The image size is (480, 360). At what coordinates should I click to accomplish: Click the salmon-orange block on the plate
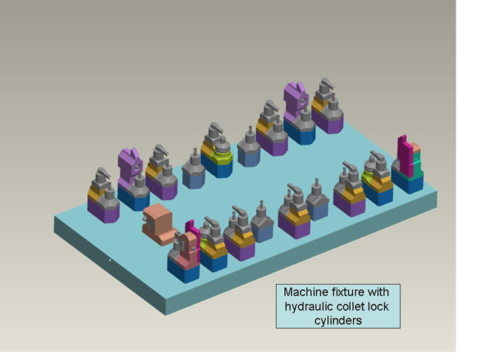coord(157,224)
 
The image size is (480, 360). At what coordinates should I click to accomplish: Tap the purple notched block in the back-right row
coord(295,97)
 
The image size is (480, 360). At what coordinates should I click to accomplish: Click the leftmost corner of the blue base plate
coord(55,218)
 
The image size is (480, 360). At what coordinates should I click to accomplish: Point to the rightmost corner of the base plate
coord(436,193)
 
